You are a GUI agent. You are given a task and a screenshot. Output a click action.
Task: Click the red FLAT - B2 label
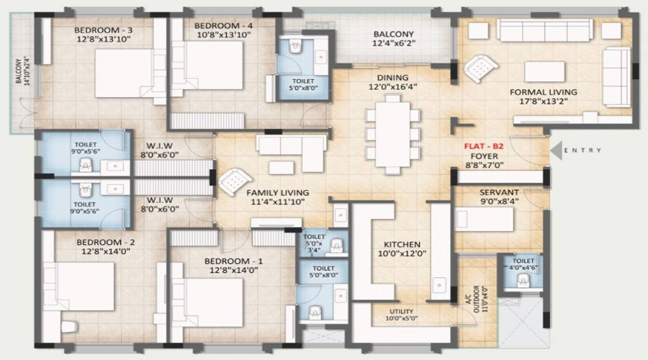coord(484,146)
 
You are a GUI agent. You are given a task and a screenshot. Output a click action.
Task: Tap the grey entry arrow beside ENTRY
coord(557,150)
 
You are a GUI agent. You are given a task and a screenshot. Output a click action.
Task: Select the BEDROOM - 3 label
coord(103,30)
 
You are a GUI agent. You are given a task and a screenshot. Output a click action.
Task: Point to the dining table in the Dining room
coord(392,135)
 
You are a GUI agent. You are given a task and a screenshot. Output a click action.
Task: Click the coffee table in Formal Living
coord(544,71)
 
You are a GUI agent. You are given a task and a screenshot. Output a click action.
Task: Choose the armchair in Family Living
coord(235,181)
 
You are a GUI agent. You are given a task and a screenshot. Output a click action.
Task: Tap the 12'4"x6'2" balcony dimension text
coord(394,43)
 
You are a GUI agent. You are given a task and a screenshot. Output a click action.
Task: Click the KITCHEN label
coord(402,245)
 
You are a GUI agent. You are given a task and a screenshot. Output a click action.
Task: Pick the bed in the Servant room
coord(484,219)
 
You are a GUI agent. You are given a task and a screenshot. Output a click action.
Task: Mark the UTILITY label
coord(401,311)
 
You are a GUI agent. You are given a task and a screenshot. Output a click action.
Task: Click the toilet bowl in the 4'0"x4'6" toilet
coord(523,282)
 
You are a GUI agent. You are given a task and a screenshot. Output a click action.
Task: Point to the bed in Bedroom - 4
coord(207,66)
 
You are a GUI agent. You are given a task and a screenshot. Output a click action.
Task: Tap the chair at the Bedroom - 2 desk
coord(69,327)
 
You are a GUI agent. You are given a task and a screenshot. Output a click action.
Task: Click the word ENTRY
coord(582,150)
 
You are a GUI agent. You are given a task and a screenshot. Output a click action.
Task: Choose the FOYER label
coord(484,156)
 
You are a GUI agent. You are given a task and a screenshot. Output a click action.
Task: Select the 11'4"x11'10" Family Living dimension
coord(278,202)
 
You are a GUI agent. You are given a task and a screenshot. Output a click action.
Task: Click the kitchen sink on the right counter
coord(438,285)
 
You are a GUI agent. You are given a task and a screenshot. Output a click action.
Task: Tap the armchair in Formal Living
coord(481,68)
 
